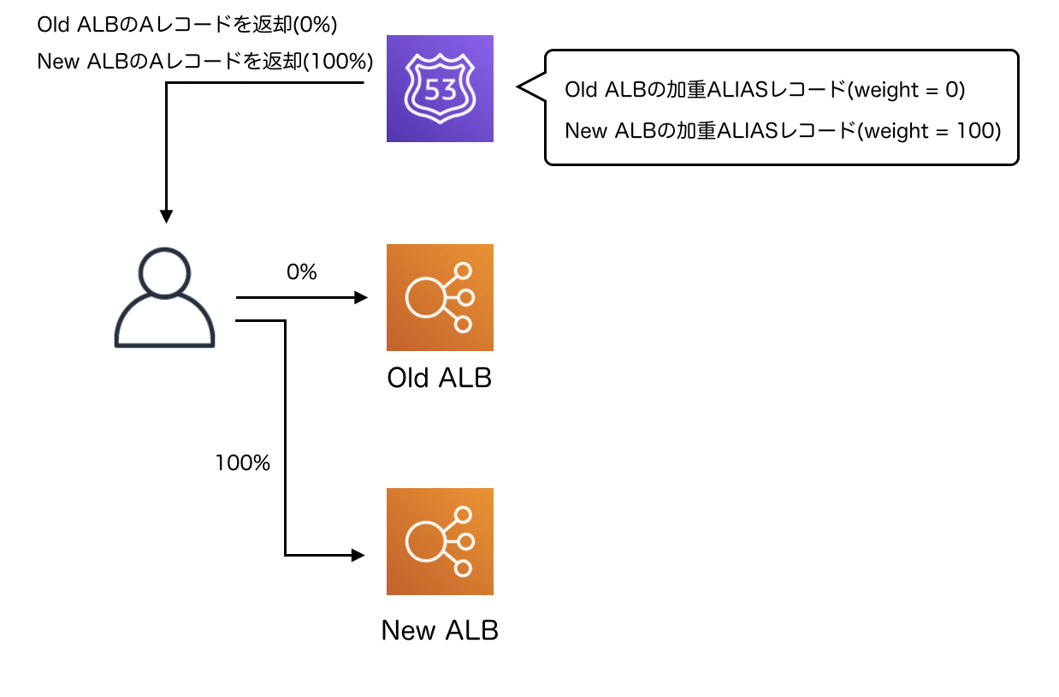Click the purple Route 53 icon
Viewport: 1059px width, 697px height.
click(440, 88)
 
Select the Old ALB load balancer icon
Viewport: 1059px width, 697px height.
click(440, 297)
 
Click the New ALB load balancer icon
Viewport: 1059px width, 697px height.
click(440, 541)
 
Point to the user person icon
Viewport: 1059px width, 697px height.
click(164, 297)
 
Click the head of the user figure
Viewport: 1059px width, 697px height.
click(164, 272)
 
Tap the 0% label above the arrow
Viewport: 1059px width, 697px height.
click(301, 272)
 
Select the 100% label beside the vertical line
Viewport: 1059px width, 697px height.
click(243, 463)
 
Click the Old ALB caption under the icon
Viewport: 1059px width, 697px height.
click(440, 378)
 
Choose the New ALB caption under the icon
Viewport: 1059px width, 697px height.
click(440, 630)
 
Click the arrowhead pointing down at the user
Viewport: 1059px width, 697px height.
click(166, 216)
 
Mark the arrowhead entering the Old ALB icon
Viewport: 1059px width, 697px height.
click(361, 298)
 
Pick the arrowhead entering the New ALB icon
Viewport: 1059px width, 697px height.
click(359, 556)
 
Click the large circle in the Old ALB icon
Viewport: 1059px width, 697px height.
click(423, 297)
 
